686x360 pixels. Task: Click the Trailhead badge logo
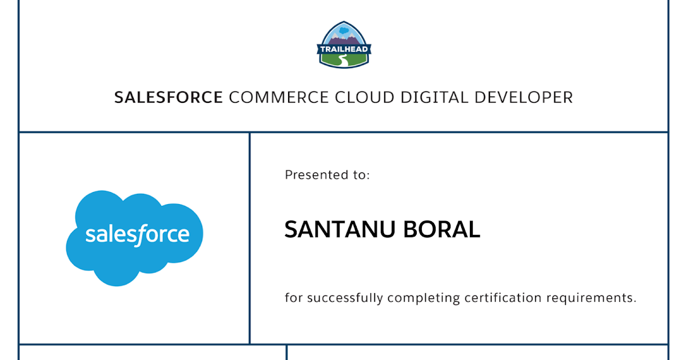pyautogui.click(x=344, y=45)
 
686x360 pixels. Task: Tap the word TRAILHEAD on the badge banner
pyautogui.click(x=344, y=49)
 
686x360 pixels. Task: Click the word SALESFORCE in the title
pyautogui.click(x=169, y=97)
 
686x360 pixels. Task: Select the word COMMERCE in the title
pyautogui.click(x=279, y=97)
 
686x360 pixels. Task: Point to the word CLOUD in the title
pyautogui.click(x=365, y=97)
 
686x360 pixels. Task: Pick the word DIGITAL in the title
pyautogui.click(x=434, y=97)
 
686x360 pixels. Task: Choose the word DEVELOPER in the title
pyautogui.click(x=524, y=97)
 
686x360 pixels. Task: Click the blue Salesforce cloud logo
pyautogui.click(x=134, y=238)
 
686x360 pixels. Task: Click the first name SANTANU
pyautogui.click(x=340, y=229)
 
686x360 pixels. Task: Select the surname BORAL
pyautogui.click(x=441, y=229)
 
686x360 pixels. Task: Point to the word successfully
pyautogui.click(x=345, y=298)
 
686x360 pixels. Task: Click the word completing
pyautogui.click(x=424, y=298)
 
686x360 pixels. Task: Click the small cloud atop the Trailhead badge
pyautogui.click(x=344, y=30)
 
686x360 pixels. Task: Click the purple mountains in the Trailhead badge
pyautogui.click(x=344, y=40)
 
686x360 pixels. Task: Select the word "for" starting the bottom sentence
pyautogui.click(x=294, y=298)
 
